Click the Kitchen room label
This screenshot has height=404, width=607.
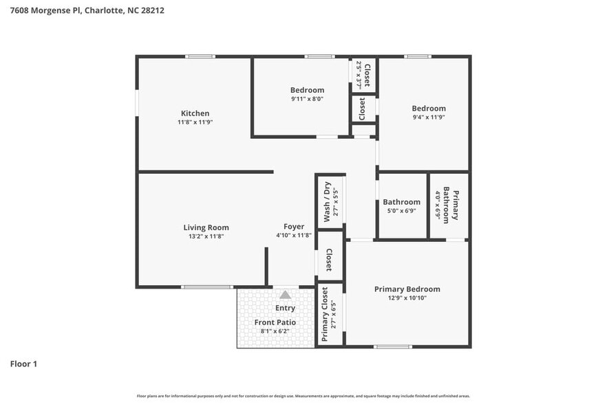(195, 113)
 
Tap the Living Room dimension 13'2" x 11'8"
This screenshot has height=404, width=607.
(206, 236)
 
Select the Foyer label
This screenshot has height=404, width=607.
(294, 227)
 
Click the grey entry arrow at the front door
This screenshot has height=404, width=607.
(285, 295)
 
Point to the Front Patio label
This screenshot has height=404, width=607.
(275, 322)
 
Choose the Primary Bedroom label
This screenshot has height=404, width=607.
(407, 289)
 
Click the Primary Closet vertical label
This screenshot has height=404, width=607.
(326, 315)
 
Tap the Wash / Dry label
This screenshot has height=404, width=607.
(327, 199)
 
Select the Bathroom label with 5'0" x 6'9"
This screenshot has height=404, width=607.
(401, 202)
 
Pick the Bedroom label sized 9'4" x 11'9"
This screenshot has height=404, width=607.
(429, 109)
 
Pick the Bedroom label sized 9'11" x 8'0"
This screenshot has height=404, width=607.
(307, 90)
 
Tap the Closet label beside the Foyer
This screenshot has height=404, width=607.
(329, 260)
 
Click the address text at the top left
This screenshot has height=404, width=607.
(87, 10)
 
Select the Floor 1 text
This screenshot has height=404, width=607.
(23, 363)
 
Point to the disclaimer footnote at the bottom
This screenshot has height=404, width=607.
(303, 396)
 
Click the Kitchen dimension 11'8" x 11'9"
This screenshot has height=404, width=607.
(195, 122)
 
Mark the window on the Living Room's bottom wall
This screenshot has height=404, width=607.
(207, 287)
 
